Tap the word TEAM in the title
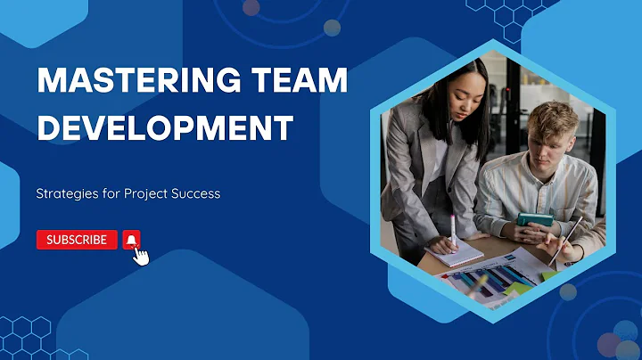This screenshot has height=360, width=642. pos(296,83)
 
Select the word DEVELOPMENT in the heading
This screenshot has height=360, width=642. pos(165,127)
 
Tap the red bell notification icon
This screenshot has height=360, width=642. pos(131,239)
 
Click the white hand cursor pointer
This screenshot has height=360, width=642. pos(140,256)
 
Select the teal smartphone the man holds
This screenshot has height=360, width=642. pos(535,220)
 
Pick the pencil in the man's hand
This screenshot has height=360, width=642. pos(566,240)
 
